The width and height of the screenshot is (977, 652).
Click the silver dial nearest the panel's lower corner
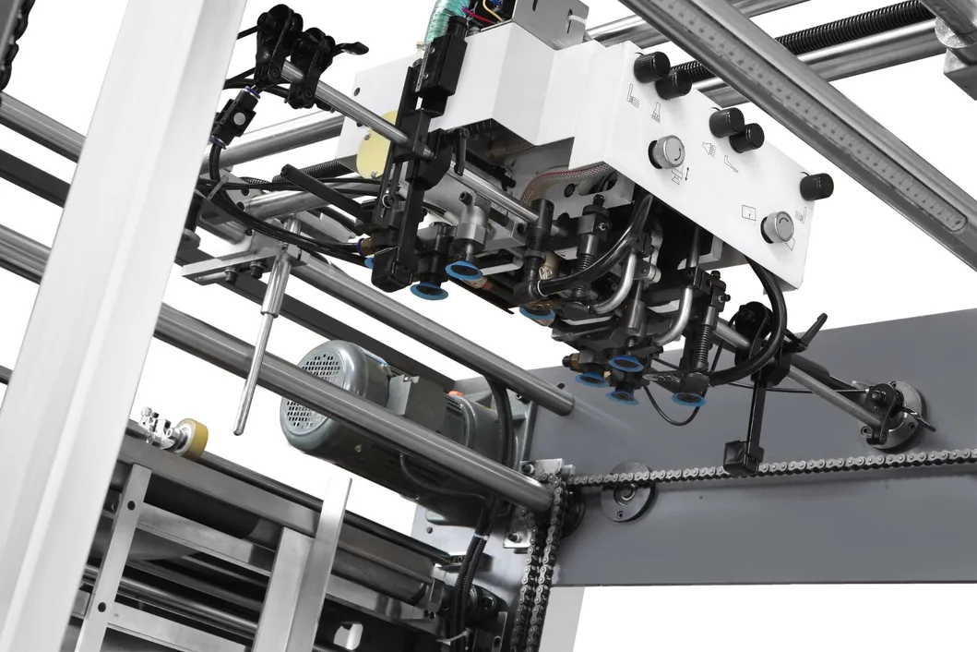(x=778, y=226)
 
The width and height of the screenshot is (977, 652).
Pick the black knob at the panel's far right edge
(x=816, y=187)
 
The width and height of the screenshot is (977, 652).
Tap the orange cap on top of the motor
(x=454, y=395)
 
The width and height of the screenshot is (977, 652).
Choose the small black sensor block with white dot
(x=227, y=117)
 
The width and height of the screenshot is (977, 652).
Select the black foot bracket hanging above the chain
(x=741, y=455)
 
